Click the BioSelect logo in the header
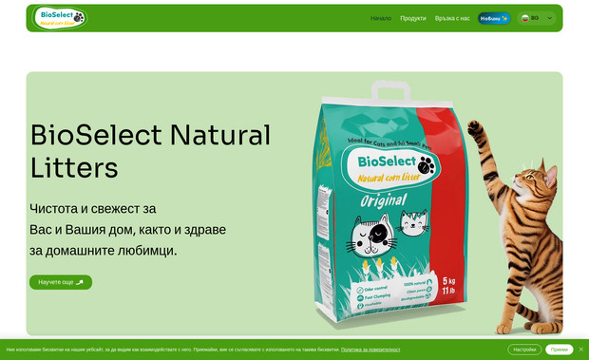tap(60, 17)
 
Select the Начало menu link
tap(381, 18)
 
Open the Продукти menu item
tap(413, 18)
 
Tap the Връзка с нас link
tap(452, 18)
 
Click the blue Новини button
tap(494, 18)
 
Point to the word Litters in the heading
tap(74, 168)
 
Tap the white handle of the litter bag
tap(389, 91)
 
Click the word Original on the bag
tap(384, 200)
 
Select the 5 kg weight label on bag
tap(449, 281)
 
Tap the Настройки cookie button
tap(524, 350)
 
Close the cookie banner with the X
tap(581, 350)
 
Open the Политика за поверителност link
tap(370, 350)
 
